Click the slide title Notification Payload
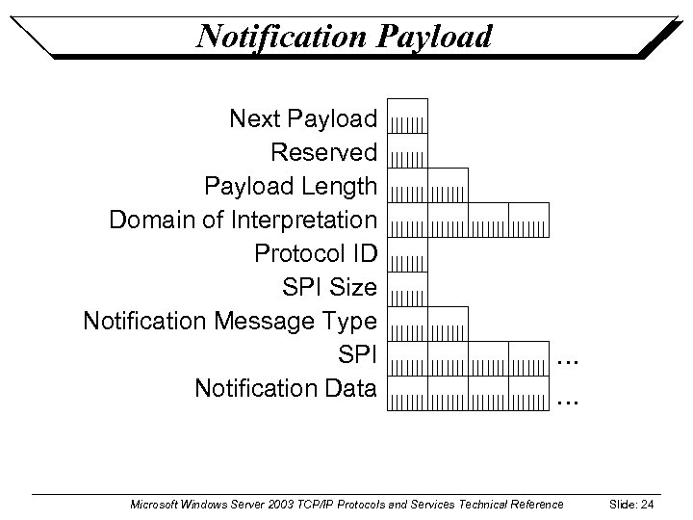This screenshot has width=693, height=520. pos(344,36)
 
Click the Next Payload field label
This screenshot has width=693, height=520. pos(302,119)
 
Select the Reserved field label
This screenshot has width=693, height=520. pos(323,152)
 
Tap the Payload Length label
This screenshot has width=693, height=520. pos(290,186)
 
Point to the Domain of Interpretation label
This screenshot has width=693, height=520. pos(243,220)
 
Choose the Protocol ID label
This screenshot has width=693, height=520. pos(315,253)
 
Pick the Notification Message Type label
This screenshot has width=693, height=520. pos(230,321)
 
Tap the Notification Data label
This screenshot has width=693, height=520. pos(285,388)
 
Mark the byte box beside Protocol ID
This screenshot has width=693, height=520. pos(407,253)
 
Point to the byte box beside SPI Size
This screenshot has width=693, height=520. pos(407,288)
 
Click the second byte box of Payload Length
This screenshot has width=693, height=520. pos(448,185)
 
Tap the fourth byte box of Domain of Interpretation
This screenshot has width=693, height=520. pos(528,220)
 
